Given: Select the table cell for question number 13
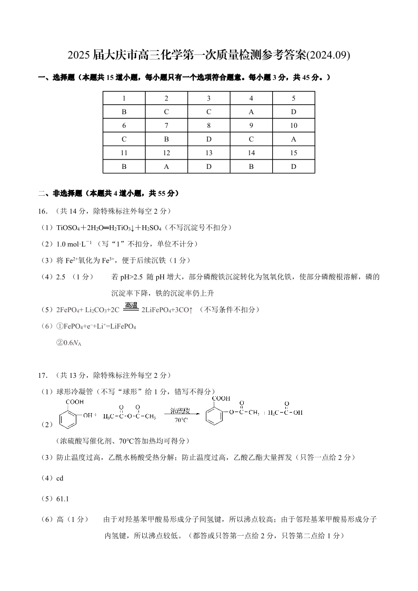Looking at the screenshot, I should coord(208,153).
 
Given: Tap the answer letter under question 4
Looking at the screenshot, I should coord(251,112).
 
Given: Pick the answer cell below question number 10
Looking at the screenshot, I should coord(293,139).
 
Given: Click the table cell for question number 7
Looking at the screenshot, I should coord(166,126).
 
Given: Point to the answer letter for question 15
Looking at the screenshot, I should coord(293,167).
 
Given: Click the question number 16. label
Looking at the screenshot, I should coord(44,211).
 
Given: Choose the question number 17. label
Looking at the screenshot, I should coord(44,375).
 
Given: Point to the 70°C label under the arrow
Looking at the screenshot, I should coord(181,420).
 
